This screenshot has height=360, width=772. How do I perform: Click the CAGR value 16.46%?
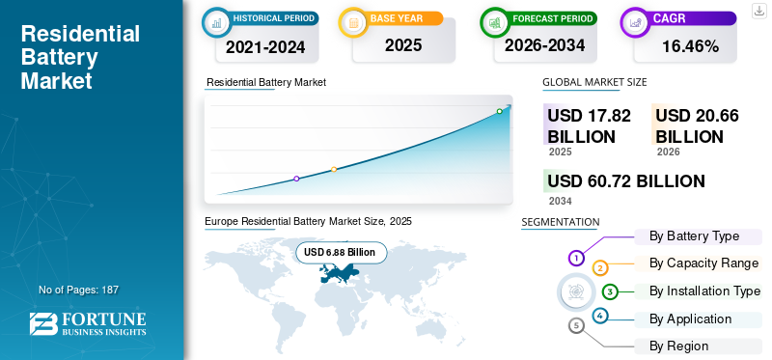691,45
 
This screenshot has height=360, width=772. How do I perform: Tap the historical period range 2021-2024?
266,45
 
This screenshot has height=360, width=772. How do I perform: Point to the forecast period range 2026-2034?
546,45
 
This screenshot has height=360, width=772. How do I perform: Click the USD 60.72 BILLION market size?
625,180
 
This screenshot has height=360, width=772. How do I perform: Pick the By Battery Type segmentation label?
694,236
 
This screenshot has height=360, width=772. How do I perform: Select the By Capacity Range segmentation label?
703,263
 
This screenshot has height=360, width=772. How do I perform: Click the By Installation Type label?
704,291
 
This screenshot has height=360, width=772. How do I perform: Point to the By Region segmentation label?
678,346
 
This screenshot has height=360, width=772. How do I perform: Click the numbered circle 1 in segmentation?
576,258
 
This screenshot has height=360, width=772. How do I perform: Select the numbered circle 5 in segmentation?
576,325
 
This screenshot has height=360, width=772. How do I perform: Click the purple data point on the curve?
296,179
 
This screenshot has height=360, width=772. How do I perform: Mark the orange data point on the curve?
334,170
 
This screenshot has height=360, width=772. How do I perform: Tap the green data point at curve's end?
499,111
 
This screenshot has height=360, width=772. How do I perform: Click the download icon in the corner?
758,10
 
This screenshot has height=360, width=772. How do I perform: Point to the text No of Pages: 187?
78,290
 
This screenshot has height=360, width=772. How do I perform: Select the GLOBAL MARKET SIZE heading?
594,82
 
